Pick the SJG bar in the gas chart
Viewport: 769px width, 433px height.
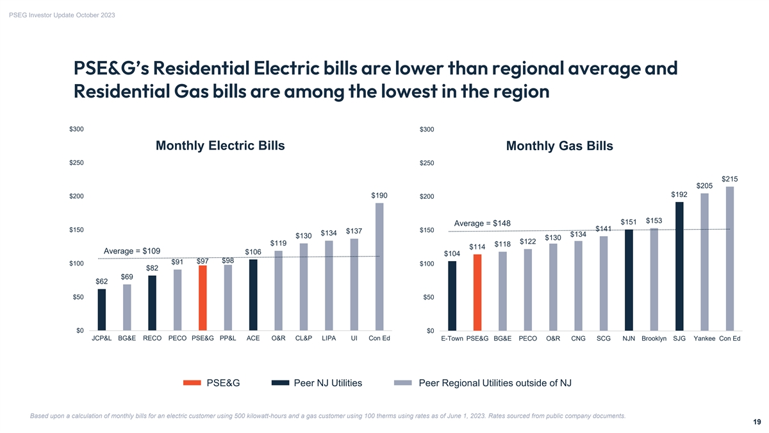[x=679, y=266]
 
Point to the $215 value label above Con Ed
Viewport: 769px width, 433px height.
[x=730, y=179]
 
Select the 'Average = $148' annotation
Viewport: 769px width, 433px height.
[x=483, y=223]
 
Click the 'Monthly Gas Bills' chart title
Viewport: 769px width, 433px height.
[x=559, y=146]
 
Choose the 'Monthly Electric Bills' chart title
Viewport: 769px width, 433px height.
[x=220, y=146]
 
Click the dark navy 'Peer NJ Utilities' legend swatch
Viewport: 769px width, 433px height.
[x=280, y=383]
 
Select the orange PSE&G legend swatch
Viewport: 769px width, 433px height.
[x=192, y=383]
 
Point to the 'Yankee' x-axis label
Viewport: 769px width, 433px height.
[x=705, y=338]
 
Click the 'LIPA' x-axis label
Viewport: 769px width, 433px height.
[x=329, y=338]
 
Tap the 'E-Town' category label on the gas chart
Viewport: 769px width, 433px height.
[x=452, y=338]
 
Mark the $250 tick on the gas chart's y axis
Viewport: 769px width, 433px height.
[x=427, y=163]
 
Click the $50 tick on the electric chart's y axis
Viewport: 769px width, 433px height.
[x=78, y=297]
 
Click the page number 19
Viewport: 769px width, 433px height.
[x=757, y=422]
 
